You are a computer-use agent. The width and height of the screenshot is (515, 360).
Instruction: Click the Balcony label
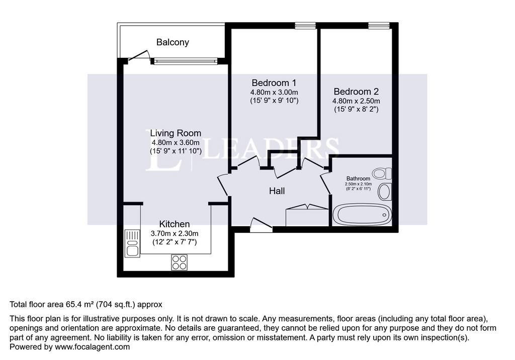(x=173, y=42)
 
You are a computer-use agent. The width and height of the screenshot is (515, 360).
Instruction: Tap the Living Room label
(x=176, y=133)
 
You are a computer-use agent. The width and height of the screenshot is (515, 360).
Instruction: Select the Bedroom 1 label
(x=274, y=82)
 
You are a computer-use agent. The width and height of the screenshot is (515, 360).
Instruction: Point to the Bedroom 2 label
(x=356, y=92)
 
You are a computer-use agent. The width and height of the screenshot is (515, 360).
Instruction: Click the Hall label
(x=277, y=191)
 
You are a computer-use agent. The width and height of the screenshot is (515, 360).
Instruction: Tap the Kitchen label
(x=175, y=224)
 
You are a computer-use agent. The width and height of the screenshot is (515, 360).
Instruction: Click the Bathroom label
(x=358, y=178)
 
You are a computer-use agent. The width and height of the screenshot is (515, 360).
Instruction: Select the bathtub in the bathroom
(x=362, y=215)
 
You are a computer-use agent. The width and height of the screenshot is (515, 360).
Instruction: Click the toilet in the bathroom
(x=382, y=173)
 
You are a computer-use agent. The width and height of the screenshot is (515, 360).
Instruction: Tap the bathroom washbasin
(x=385, y=192)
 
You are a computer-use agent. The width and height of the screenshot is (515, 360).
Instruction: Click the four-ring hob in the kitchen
(x=180, y=262)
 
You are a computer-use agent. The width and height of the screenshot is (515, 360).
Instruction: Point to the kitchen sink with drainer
(x=132, y=243)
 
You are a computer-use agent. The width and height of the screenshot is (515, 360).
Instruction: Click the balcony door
(x=139, y=56)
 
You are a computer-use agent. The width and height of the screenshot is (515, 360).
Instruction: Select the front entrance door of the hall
(x=261, y=225)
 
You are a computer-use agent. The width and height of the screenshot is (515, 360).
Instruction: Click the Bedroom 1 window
(x=305, y=26)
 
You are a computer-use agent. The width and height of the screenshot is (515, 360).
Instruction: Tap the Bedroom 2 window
(x=379, y=26)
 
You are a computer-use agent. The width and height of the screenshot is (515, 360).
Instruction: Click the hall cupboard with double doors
(x=307, y=215)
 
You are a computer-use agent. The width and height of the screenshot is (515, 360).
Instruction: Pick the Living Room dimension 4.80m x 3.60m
(x=176, y=143)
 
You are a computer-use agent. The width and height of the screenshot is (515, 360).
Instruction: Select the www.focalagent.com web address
(x=93, y=347)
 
